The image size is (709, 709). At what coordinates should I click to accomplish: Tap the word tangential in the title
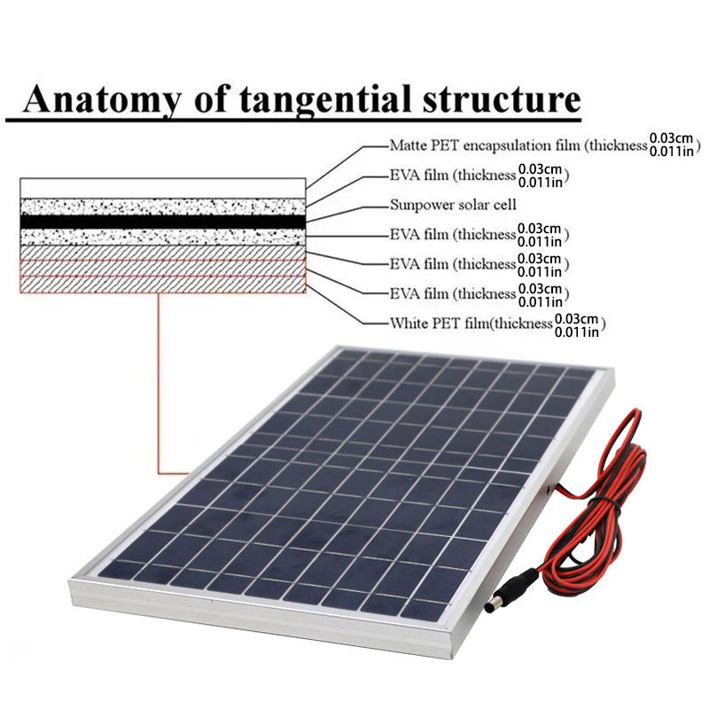328,98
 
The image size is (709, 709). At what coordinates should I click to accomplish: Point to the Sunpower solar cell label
441,205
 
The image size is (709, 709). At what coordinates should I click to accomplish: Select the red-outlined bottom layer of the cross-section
163,284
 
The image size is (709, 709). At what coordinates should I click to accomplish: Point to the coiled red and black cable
612,496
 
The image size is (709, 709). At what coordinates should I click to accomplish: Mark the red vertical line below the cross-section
158,381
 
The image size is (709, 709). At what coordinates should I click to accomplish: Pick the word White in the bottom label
409,323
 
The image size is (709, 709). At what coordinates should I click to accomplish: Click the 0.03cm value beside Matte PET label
672,138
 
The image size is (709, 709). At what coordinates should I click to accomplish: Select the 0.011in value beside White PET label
579,331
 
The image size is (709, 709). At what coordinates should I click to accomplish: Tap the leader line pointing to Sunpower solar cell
346,209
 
